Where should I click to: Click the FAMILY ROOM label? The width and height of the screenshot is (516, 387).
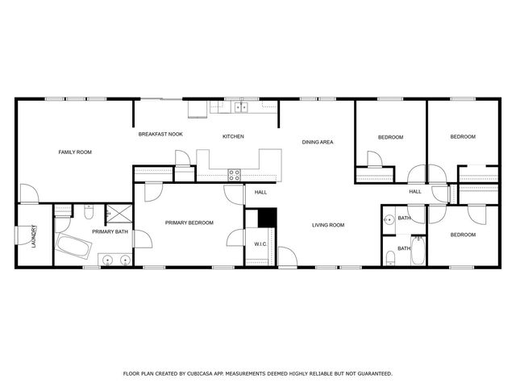point(74,152)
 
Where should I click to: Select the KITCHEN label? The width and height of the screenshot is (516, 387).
point(233,136)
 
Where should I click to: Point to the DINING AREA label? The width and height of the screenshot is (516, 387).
point(318,143)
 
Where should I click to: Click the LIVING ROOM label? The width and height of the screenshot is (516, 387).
point(328,225)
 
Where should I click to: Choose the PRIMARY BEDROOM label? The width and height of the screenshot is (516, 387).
point(189,223)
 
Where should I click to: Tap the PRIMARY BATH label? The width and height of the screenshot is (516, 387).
point(110,232)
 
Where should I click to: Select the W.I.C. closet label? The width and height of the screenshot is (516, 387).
point(260,243)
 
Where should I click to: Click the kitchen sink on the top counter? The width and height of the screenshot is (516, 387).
point(240,107)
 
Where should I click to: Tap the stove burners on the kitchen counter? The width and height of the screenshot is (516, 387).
point(235,173)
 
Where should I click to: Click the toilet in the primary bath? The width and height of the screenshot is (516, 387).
point(88,211)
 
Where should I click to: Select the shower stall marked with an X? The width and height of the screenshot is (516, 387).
point(120,213)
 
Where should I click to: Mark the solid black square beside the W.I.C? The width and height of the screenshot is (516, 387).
point(267,219)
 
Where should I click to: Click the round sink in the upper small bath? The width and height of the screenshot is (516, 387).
point(389,218)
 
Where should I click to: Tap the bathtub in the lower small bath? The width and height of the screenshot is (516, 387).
point(417,250)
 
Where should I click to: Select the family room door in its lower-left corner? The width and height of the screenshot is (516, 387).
point(28,193)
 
